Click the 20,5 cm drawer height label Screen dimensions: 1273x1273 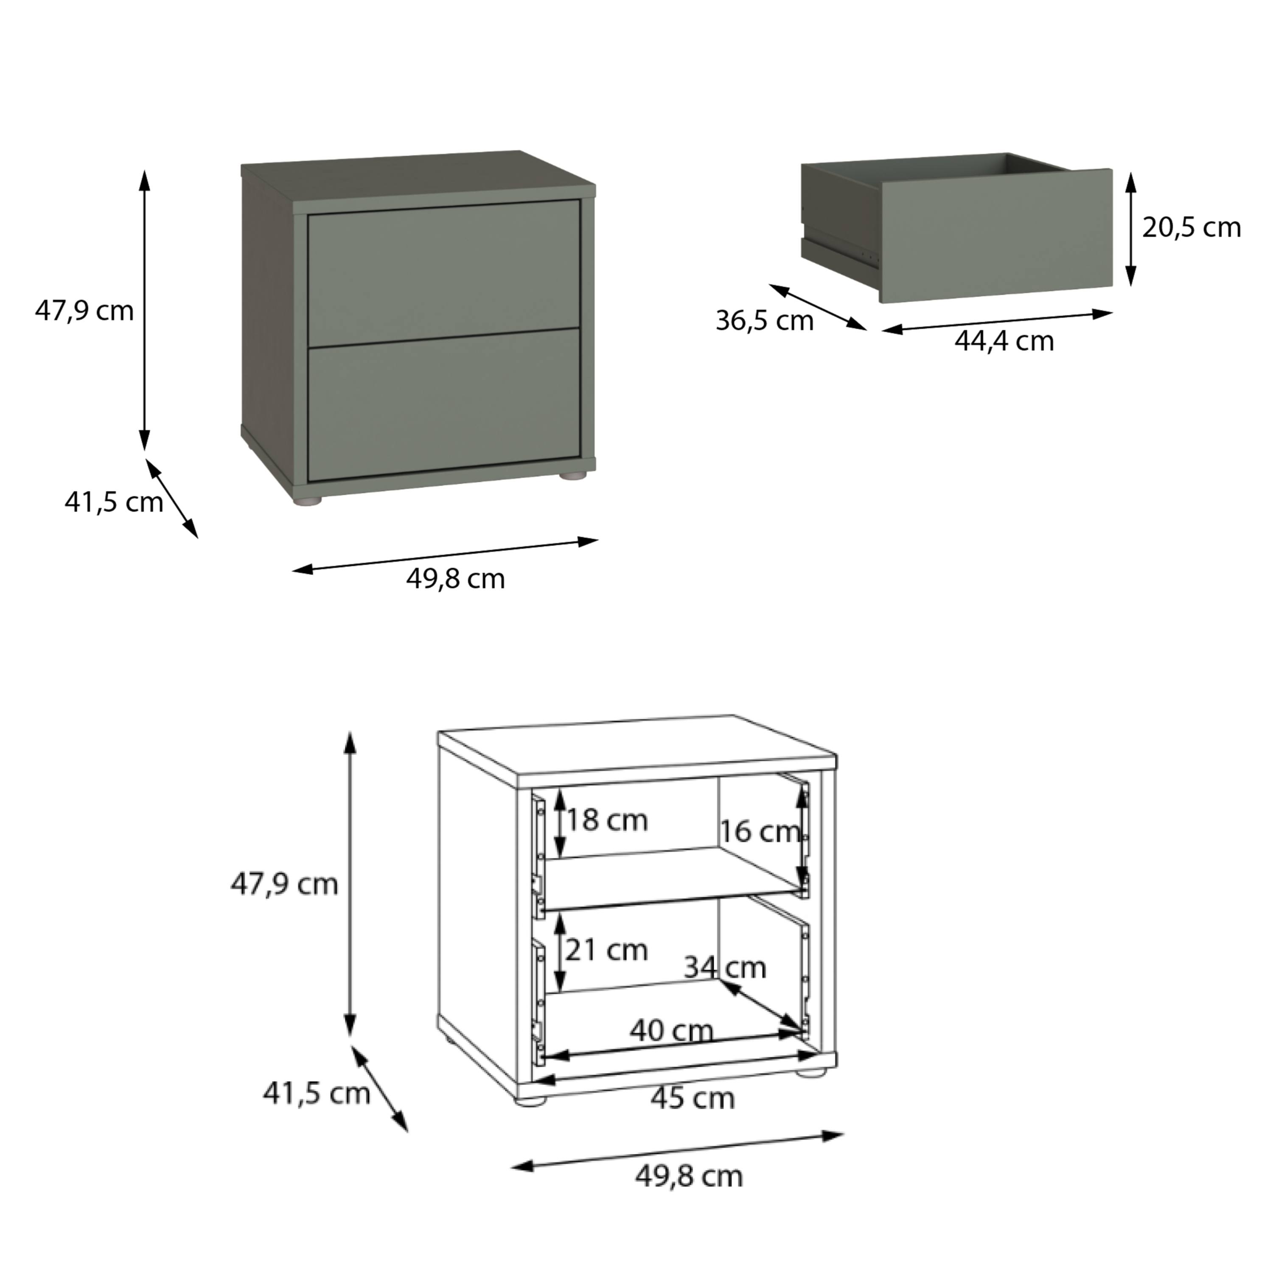click(x=1191, y=227)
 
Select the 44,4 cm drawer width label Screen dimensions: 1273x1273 click(x=1004, y=341)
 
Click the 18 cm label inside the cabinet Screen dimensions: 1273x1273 click(x=607, y=820)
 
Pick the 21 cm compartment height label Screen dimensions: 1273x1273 click(x=606, y=950)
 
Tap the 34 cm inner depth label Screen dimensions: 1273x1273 click(x=725, y=968)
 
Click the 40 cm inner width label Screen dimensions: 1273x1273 click(x=671, y=1031)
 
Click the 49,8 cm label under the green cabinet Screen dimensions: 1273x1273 click(x=455, y=579)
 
